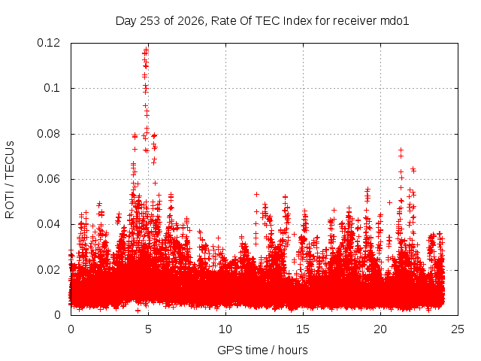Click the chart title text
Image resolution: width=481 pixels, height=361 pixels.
tap(262, 21)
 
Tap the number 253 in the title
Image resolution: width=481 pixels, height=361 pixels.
tap(150, 21)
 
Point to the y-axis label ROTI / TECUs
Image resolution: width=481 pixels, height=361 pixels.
tap(10, 180)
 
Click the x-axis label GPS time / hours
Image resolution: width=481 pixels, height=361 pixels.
tap(262, 350)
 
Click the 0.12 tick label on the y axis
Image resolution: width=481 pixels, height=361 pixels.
tap(48, 43)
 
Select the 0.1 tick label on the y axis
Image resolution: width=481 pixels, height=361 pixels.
tap(52, 89)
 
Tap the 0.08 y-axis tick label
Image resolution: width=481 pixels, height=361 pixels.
tap(48, 134)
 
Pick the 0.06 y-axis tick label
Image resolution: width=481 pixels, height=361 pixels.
tap(48, 179)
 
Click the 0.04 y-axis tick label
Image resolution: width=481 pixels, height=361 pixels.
tap(48, 224)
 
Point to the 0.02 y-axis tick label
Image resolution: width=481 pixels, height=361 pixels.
tap(48, 270)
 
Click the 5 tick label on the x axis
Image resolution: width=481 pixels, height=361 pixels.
tap(149, 329)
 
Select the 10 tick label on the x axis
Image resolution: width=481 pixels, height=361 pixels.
tap(225, 329)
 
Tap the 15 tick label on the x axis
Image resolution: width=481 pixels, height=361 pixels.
tap(303, 329)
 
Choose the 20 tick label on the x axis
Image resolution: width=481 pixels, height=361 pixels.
tap(380, 329)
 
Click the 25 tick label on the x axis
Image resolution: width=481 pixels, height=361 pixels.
tap(458, 329)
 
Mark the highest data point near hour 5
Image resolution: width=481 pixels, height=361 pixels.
tap(147, 49)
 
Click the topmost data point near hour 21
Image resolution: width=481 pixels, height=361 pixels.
tap(401, 150)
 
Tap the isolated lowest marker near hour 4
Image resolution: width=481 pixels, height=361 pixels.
tap(138, 311)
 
